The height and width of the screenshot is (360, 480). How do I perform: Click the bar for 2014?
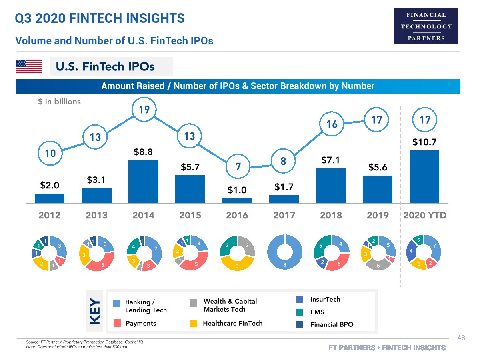click(143, 182)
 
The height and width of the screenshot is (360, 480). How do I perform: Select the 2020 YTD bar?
click(424, 177)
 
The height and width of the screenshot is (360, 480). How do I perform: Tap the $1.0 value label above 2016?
click(237, 190)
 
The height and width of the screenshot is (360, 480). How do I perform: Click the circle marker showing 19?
click(144, 109)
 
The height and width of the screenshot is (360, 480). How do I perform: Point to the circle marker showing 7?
click(238, 166)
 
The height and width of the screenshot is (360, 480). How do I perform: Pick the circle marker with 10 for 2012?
click(50, 153)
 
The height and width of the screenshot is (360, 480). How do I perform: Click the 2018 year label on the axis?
click(331, 215)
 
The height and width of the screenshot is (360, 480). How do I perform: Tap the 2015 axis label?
click(190, 215)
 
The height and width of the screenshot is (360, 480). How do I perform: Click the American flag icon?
click(29, 66)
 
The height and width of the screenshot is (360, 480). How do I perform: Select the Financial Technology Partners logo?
click(426, 26)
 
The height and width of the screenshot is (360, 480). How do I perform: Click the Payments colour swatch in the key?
click(117, 323)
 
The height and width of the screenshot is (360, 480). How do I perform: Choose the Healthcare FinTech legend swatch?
click(194, 323)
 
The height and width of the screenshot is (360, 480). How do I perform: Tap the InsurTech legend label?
click(325, 299)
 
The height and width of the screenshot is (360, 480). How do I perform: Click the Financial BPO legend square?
click(300, 324)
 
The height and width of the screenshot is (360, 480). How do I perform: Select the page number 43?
click(461, 338)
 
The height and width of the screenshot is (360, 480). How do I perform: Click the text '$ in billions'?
click(59, 102)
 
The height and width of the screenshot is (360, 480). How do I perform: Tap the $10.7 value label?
click(424, 142)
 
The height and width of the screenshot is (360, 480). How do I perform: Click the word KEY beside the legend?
click(95, 311)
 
